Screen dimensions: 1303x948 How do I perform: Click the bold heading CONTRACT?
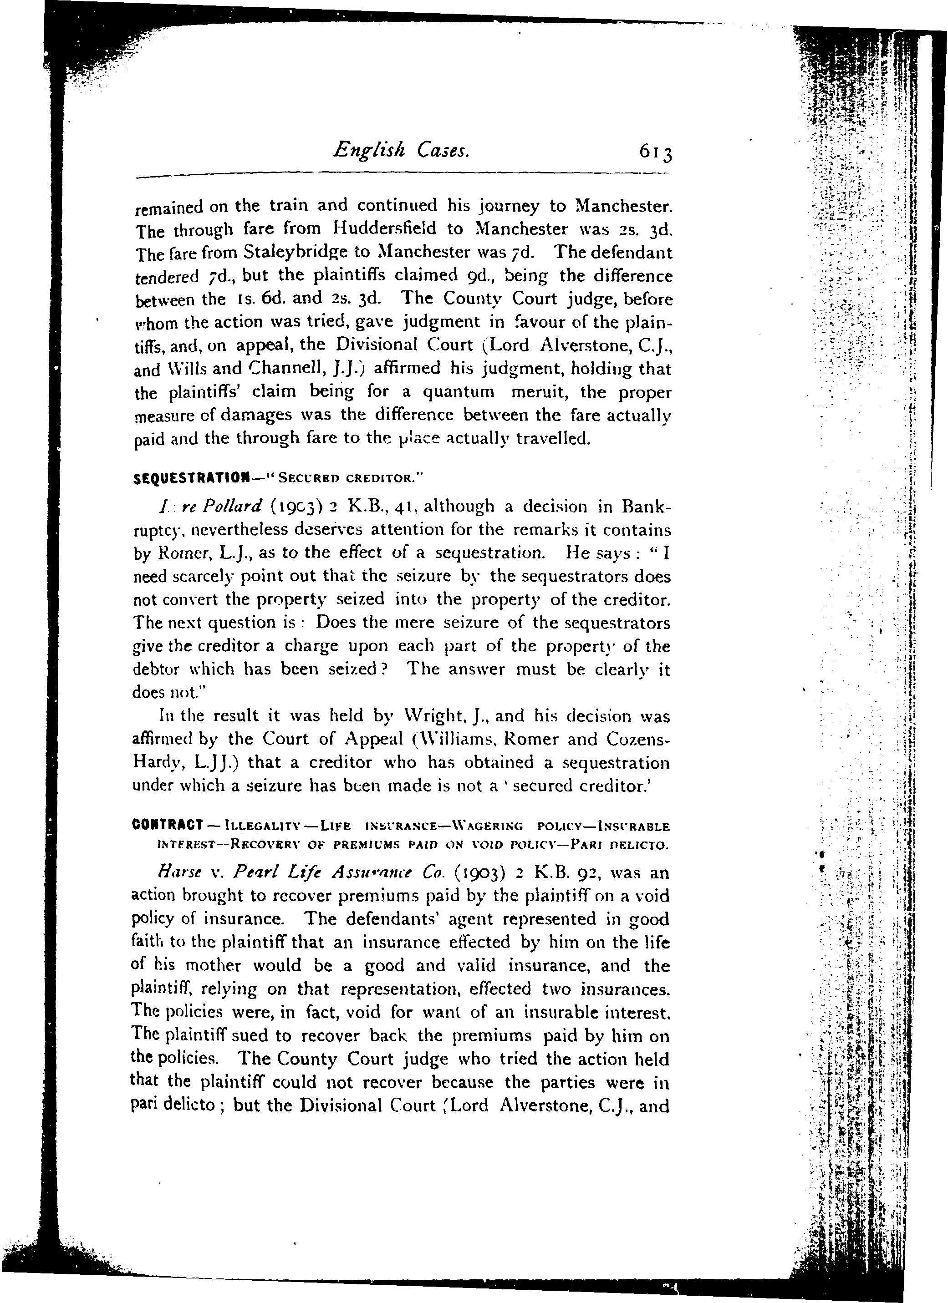coord(167,826)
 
